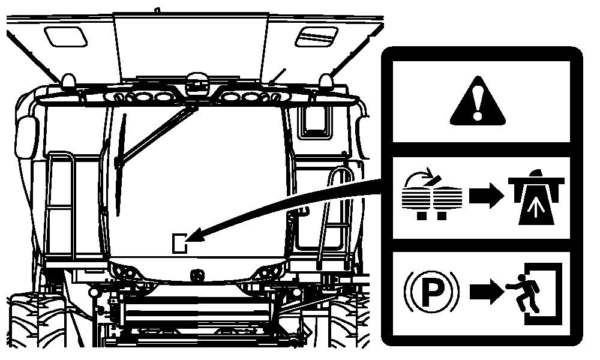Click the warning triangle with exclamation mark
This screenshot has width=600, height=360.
coord(477,101)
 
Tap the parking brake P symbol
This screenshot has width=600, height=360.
coord(431,292)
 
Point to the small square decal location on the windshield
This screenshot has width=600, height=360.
coord(179,244)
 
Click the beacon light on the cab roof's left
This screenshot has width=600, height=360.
coord(69,82)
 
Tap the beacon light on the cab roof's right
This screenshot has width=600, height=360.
coord(326,82)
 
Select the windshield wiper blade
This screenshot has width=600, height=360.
coord(120,165)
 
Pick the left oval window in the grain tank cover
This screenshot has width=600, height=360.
coord(65,37)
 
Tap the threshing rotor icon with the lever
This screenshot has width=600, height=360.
coord(432,196)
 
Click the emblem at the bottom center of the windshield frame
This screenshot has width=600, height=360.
coord(197,275)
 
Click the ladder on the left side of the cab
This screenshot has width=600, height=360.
coord(61,206)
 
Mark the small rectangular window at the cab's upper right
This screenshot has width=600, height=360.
coord(314,122)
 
